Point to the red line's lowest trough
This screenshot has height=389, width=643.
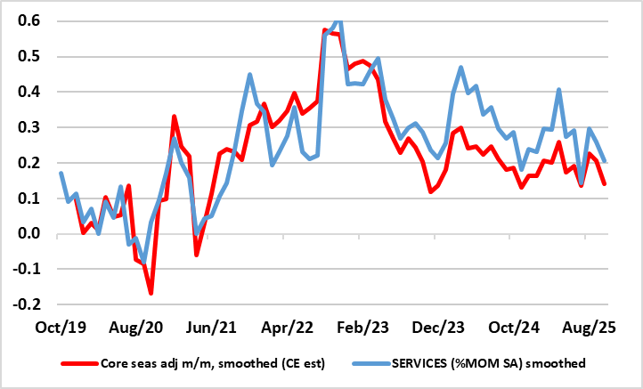pos(151,293)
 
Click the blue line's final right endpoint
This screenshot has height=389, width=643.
pos(605,161)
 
